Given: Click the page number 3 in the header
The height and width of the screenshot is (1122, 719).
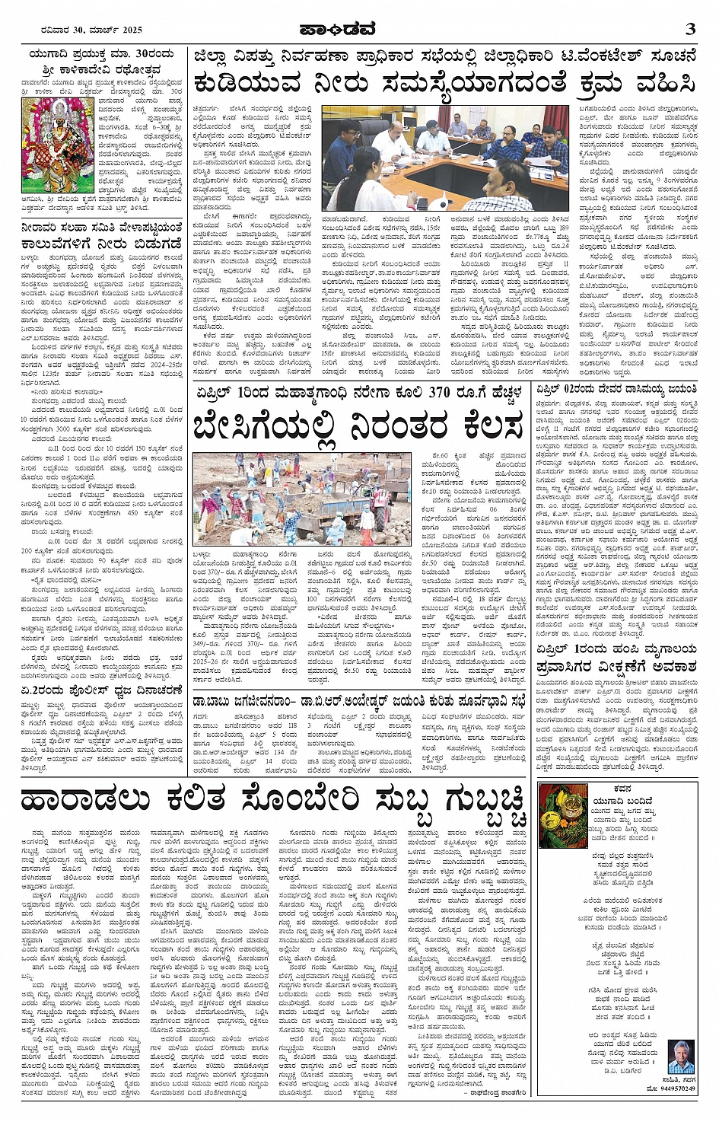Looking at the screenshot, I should point(689,29).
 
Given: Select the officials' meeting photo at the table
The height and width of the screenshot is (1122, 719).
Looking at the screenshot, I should point(444,158).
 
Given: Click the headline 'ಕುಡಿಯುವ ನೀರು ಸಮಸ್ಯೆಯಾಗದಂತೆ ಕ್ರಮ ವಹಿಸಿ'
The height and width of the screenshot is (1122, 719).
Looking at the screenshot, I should point(444,82).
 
